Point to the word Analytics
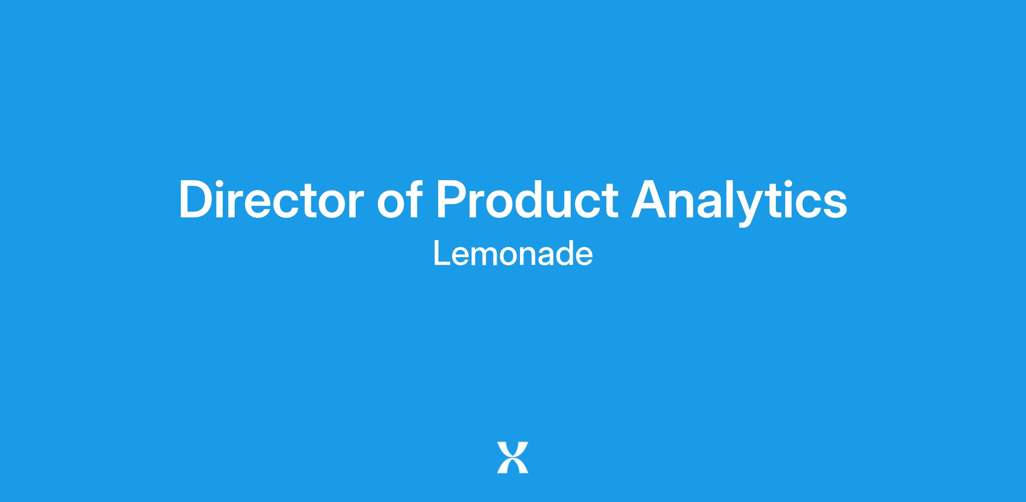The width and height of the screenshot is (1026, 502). point(739,202)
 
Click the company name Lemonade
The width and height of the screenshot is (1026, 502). point(513,253)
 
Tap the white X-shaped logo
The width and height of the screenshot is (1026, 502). point(513,457)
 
